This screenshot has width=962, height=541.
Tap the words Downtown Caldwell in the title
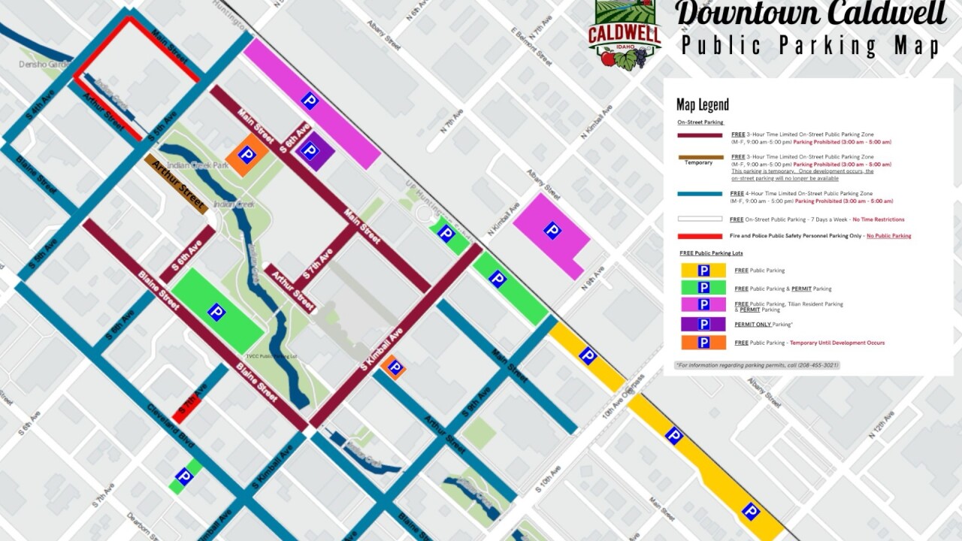tap(809, 15)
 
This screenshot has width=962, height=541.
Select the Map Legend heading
tap(702, 104)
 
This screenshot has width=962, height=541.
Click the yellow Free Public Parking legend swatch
tap(703, 270)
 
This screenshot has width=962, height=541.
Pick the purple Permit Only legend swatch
tap(703, 325)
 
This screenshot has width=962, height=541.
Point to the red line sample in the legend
tap(700, 236)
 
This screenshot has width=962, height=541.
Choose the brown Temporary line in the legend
tap(700, 157)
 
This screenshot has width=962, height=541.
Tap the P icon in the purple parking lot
tap(310, 151)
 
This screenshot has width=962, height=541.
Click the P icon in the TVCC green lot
tap(216, 312)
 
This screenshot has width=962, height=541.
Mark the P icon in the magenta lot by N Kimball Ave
tap(552, 231)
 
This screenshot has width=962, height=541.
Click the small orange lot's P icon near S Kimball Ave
tap(393, 367)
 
